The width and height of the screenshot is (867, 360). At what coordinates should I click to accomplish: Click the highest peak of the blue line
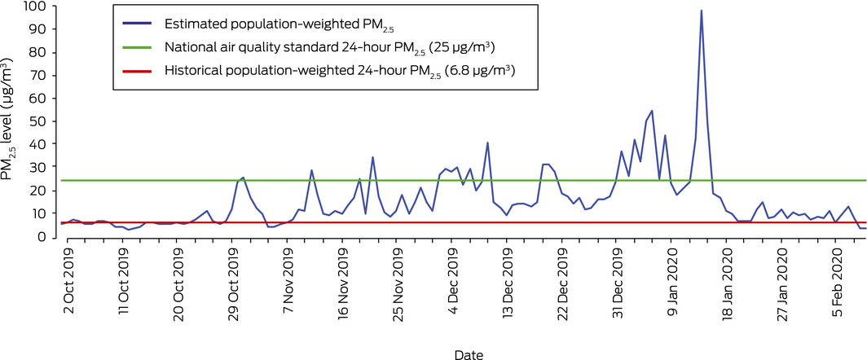701,11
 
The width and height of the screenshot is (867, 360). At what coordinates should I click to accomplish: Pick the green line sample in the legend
137,47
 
